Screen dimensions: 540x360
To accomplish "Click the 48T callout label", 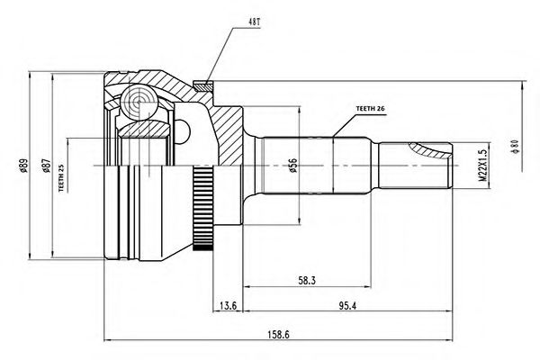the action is click(255, 22).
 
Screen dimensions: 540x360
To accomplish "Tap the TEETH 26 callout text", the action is click(370, 109).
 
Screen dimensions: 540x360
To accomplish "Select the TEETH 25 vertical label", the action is click(61, 178).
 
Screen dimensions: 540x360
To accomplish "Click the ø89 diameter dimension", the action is click(23, 166).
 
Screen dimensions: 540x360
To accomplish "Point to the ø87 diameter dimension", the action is click(46, 166).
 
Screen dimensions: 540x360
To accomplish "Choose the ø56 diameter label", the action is click(292, 166).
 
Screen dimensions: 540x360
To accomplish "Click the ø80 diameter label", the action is click(515, 147).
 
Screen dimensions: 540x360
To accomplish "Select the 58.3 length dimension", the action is click(307, 281).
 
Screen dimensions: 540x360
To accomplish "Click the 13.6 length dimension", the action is click(228, 306).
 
